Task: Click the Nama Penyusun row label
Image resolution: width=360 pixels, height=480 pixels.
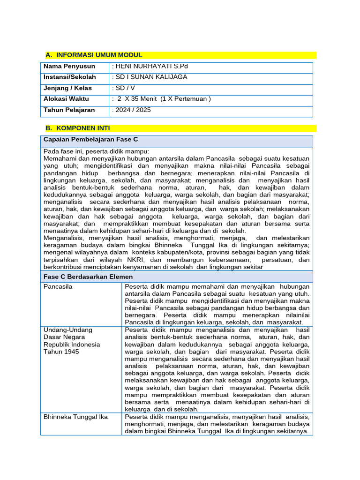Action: tap(69, 66)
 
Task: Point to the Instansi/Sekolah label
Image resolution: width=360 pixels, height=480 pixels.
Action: tap(70, 77)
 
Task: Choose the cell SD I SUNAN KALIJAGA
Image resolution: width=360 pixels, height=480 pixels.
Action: tap(150, 77)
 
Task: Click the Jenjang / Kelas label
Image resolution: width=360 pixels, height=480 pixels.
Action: tap(67, 88)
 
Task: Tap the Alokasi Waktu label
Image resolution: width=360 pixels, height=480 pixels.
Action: tap(66, 99)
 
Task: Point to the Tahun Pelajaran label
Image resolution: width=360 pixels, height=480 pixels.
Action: tap(69, 110)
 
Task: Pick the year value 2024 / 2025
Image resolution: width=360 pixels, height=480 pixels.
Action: tap(132, 110)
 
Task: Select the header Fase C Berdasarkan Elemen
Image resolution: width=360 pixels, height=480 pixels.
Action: tap(88, 277)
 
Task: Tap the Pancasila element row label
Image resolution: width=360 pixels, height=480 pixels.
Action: tap(58, 286)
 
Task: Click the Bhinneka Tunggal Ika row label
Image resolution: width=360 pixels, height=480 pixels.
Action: tap(75, 417)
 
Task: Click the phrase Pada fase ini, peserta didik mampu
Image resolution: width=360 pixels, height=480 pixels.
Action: tap(96, 151)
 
